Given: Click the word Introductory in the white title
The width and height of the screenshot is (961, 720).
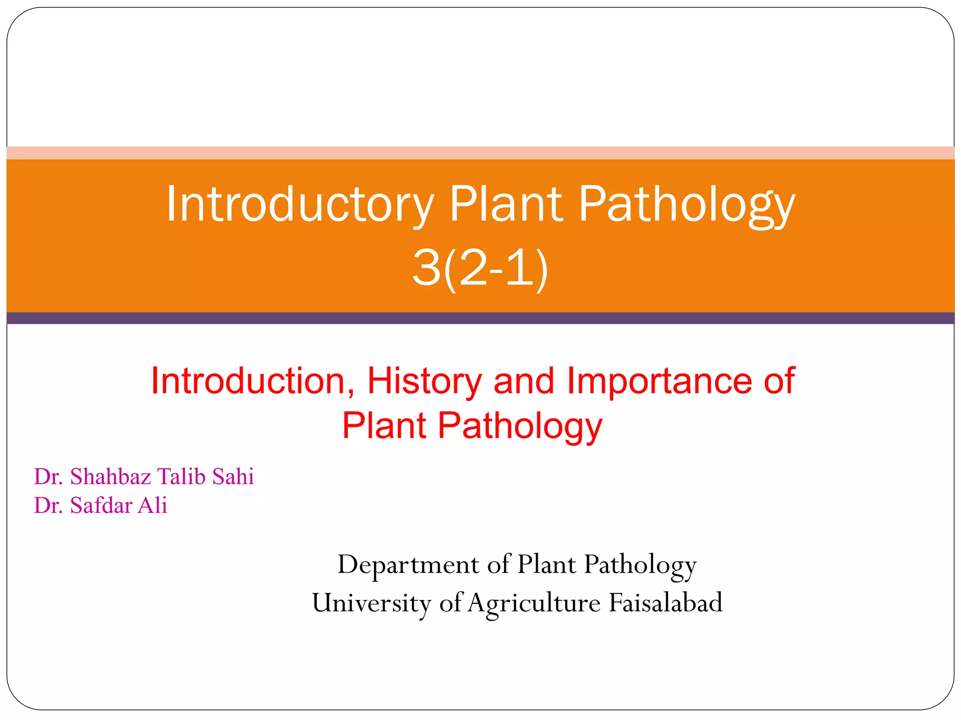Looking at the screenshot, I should pyautogui.click(x=300, y=204).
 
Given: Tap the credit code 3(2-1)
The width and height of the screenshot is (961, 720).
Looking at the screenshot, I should pyautogui.click(x=480, y=268).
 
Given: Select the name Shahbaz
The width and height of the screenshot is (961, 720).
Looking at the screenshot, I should pyautogui.click(x=111, y=476).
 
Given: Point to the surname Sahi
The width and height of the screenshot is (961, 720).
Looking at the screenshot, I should pyautogui.click(x=233, y=476).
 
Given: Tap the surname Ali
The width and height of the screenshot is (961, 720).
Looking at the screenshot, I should pyautogui.click(x=153, y=505).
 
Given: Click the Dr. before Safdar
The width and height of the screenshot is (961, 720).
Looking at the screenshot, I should pyautogui.click(x=48, y=505).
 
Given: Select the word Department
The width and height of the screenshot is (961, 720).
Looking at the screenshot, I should pyautogui.click(x=408, y=564).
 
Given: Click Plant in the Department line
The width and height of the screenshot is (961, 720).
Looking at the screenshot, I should pyautogui.click(x=546, y=564).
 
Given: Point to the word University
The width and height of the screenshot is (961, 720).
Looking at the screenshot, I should pyautogui.click(x=371, y=603).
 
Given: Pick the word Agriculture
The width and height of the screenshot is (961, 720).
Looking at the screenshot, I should pyautogui.click(x=534, y=603).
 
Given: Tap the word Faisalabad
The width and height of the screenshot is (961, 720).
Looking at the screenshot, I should pyautogui.click(x=665, y=603).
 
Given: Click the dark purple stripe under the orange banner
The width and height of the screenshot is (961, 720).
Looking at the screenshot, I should pyautogui.click(x=480, y=318).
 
